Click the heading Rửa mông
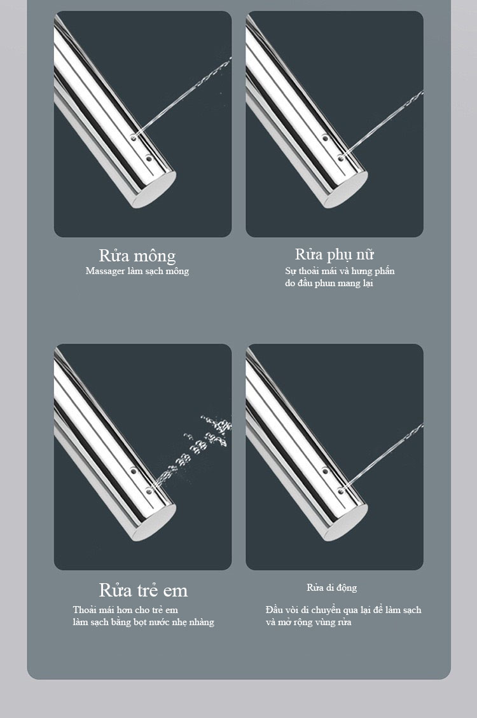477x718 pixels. point(137,256)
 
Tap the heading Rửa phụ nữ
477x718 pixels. point(334,254)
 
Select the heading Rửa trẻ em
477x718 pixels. point(143,590)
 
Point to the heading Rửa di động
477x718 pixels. point(332,588)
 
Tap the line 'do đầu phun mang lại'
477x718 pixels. point(329,283)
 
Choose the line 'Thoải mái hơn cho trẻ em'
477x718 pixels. point(125,610)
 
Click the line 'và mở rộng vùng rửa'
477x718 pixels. point(308,623)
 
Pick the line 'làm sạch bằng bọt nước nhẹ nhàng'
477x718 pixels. point(143,623)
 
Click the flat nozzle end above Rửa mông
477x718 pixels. point(155,190)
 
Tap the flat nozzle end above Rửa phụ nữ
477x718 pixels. point(346,190)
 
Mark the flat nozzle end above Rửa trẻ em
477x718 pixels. point(155,523)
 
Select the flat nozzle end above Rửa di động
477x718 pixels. point(346,523)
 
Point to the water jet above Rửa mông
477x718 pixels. point(182,97)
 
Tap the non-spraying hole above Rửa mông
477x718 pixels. point(149,159)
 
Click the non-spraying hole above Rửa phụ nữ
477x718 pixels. point(325,137)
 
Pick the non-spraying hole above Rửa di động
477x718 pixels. point(325,470)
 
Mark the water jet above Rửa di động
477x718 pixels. point(383,457)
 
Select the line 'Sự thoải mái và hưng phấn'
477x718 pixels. point(340,271)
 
